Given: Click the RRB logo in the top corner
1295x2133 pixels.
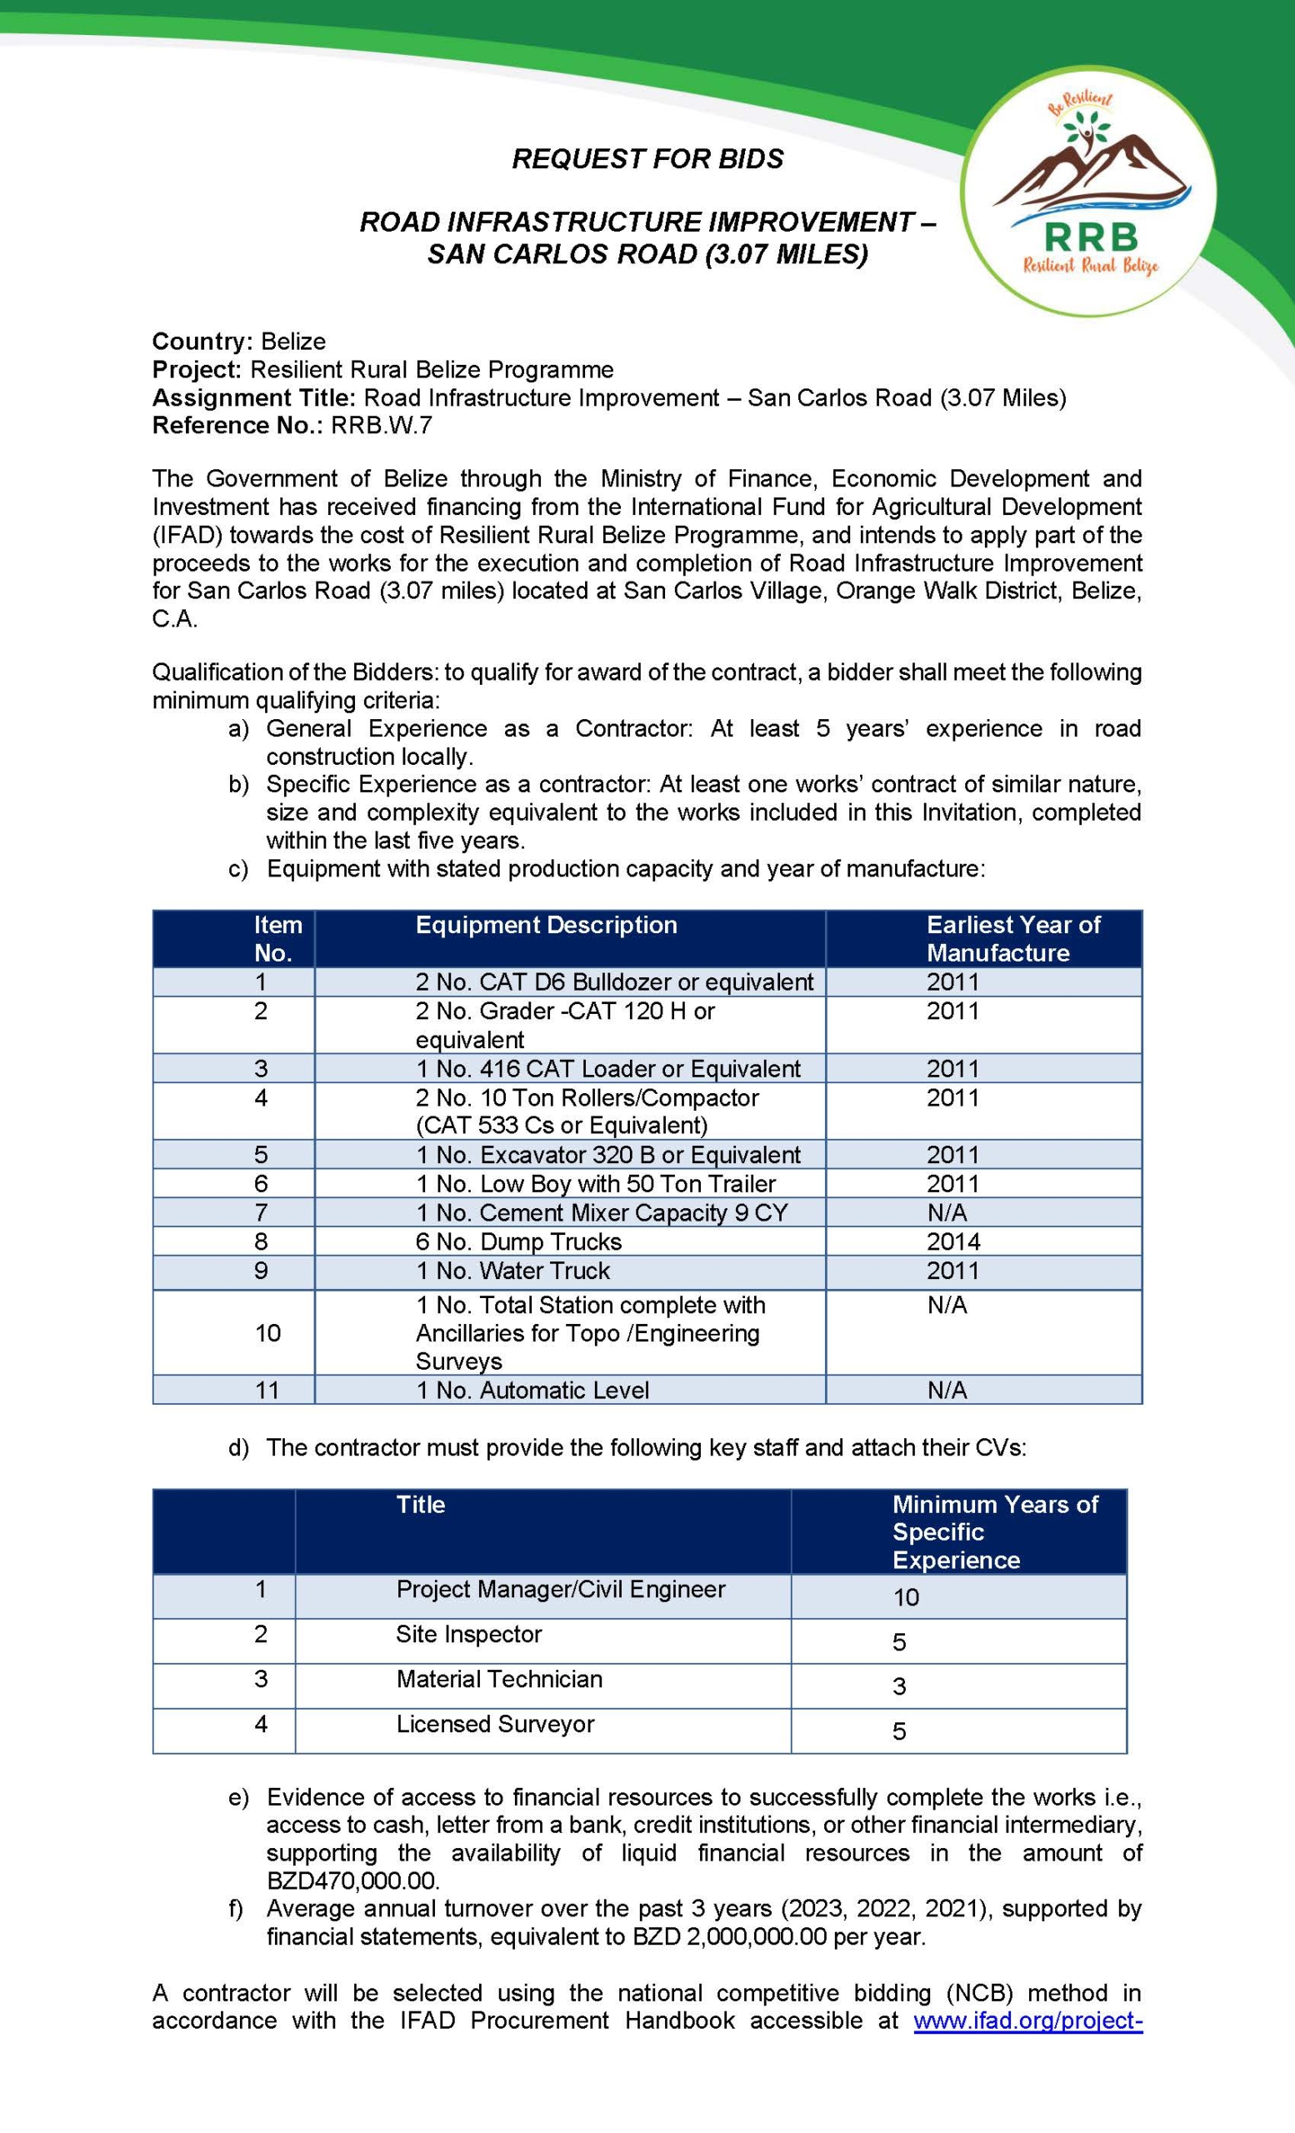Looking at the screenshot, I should pyautogui.click(x=1089, y=191).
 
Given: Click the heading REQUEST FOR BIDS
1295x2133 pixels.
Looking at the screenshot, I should pyautogui.click(x=647, y=159).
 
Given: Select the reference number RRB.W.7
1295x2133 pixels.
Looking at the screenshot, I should pyautogui.click(x=382, y=425).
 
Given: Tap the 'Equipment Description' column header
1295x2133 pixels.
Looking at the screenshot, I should pyautogui.click(x=546, y=925).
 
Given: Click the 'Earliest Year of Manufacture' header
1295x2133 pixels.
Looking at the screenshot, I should pyautogui.click(x=1012, y=938).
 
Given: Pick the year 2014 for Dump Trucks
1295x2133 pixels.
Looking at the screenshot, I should pyautogui.click(x=953, y=1241).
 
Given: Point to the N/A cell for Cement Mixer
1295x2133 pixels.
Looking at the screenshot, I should pyautogui.click(x=946, y=1212).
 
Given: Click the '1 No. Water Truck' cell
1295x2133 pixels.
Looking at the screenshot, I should pyautogui.click(x=512, y=1270).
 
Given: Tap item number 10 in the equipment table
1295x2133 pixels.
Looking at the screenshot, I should pyautogui.click(x=267, y=1332).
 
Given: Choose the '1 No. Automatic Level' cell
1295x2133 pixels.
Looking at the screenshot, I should pyautogui.click(x=532, y=1390).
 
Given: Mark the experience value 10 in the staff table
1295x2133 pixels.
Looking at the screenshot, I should pyautogui.click(x=906, y=1597).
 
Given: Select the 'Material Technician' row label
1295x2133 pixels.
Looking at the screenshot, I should pyautogui.click(x=498, y=1679).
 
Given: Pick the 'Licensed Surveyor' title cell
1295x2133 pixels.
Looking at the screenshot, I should pyautogui.click(x=495, y=1724).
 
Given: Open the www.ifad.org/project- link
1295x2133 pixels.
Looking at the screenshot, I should pyautogui.click(x=1028, y=2021).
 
